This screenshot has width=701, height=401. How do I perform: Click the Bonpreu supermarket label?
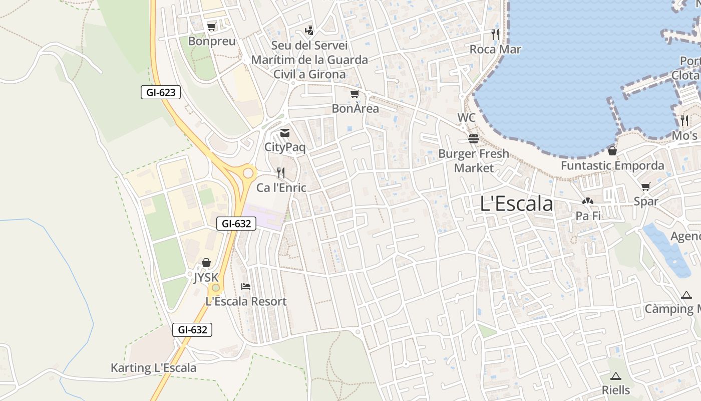(x=212, y=41)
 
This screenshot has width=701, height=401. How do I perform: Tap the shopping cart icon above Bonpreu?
(x=212, y=27)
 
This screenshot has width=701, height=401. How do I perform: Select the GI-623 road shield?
(x=160, y=92)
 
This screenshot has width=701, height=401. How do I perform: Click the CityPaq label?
(x=284, y=147)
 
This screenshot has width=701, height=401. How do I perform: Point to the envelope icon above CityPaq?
(x=285, y=133)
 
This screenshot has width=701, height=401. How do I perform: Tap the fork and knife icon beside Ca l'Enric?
(x=281, y=173)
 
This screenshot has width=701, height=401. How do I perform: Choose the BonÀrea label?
(x=355, y=108)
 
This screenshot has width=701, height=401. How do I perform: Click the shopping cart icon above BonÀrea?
(x=355, y=94)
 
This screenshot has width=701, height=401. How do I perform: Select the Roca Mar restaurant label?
(x=495, y=49)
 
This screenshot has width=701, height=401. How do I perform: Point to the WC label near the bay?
(x=466, y=118)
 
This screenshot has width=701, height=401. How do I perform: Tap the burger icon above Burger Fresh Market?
(x=474, y=139)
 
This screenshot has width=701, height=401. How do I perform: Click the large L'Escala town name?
(x=516, y=204)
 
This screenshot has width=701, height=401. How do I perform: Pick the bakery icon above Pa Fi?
(x=588, y=202)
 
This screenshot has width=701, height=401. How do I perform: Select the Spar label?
(x=646, y=202)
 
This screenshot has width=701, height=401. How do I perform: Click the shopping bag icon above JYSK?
(x=206, y=263)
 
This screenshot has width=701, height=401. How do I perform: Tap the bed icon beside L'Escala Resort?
(x=246, y=287)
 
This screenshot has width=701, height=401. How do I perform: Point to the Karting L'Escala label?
(x=153, y=368)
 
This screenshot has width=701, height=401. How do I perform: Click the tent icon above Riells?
(x=616, y=376)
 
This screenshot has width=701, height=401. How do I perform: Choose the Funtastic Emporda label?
(x=612, y=165)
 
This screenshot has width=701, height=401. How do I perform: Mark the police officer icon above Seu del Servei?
(x=309, y=31)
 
